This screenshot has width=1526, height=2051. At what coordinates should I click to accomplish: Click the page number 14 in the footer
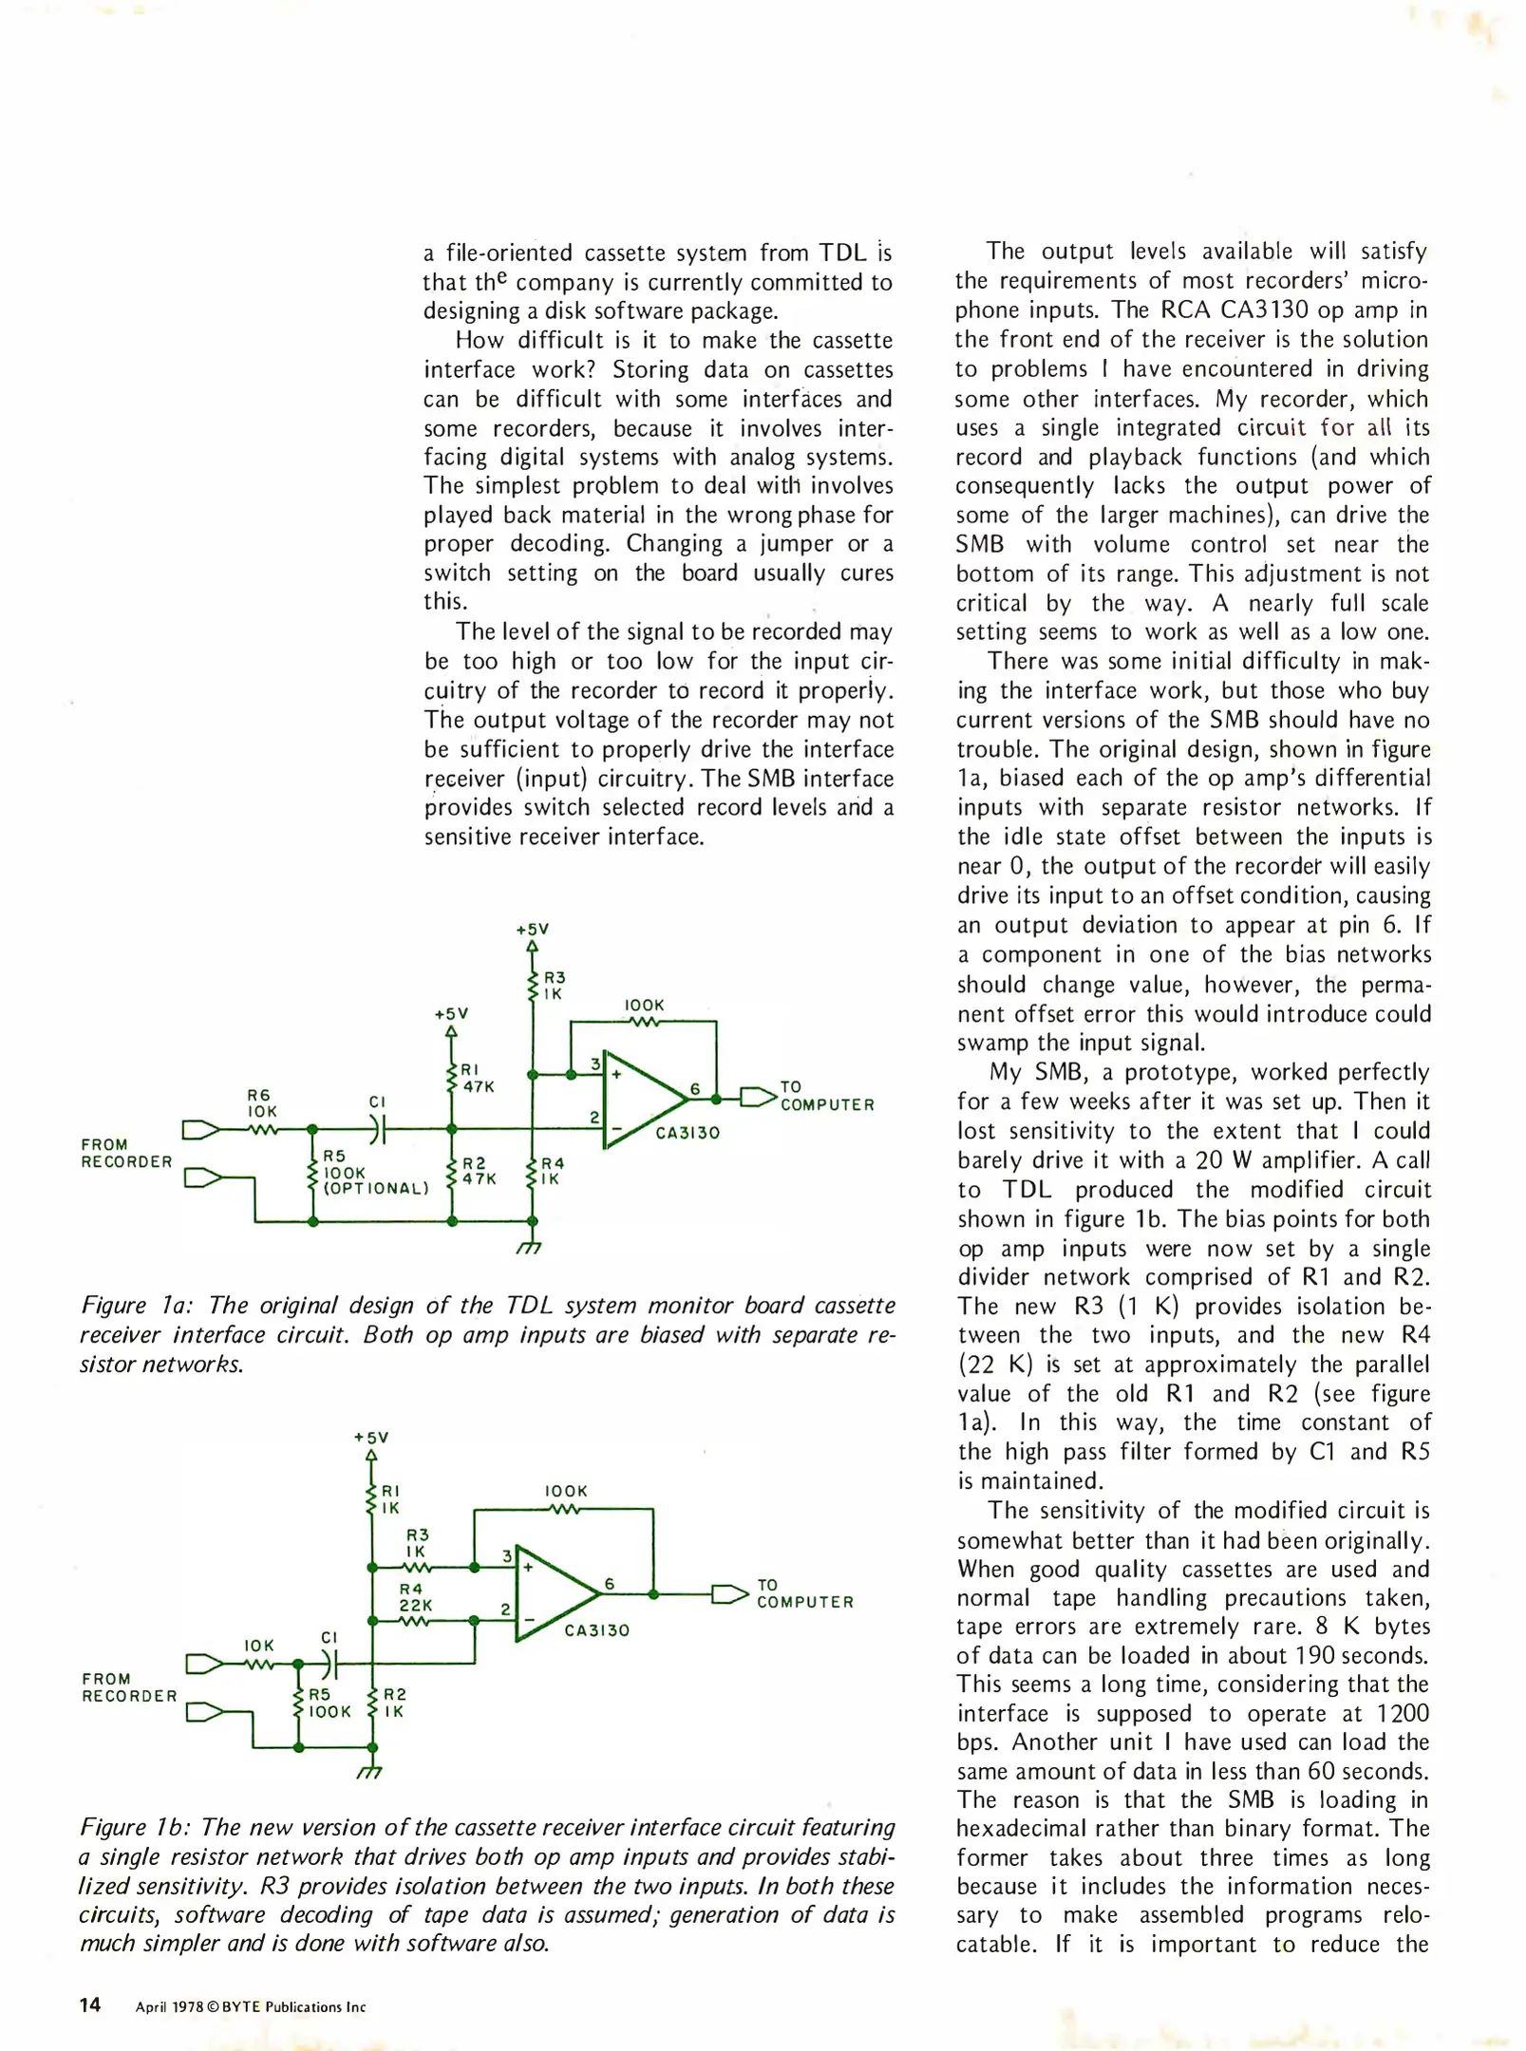[x=90, y=2004]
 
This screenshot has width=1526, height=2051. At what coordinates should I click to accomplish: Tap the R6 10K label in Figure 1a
[x=261, y=1103]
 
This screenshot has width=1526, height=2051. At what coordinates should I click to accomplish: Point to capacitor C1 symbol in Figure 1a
[x=378, y=1129]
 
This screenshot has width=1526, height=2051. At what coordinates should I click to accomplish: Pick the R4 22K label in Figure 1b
[x=415, y=1596]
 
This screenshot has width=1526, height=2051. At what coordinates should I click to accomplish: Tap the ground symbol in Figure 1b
[x=370, y=1772]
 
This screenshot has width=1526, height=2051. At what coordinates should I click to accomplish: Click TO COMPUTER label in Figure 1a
[x=826, y=1096]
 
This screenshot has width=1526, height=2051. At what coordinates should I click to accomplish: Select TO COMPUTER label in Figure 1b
[x=804, y=1593]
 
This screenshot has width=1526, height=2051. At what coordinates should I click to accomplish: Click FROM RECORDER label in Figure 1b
[x=128, y=1687]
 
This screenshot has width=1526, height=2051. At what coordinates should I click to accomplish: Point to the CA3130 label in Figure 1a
[x=688, y=1133]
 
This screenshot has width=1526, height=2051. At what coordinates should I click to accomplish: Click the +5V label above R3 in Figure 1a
[x=532, y=930]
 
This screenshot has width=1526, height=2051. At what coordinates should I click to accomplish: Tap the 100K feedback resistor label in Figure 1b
[x=565, y=1492]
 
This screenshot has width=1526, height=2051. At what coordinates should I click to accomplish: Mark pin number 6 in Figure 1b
[x=610, y=1584]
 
